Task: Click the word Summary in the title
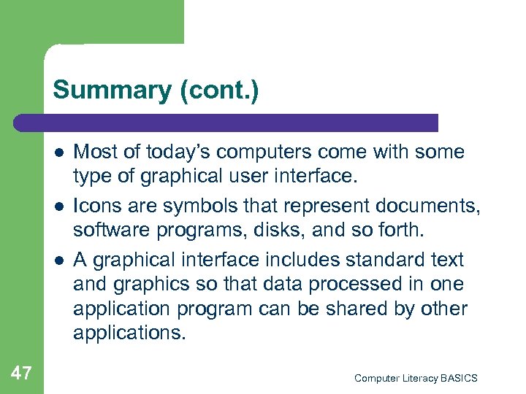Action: coord(111,90)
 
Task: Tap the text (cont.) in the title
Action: coord(217,90)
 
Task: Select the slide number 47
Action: coord(21,374)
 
